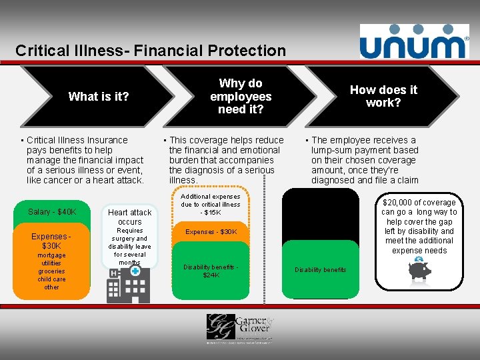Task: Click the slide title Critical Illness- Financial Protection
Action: click(151, 50)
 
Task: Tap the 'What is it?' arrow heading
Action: click(99, 97)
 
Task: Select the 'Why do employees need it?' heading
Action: click(241, 96)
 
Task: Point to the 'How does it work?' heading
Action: click(383, 96)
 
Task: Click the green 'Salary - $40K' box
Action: click(53, 212)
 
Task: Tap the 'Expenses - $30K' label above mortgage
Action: click(52, 241)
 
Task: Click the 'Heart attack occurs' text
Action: click(130, 217)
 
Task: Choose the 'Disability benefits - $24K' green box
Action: click(211, 271)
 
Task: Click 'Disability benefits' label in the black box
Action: click(321, 270)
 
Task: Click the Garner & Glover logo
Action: click(239, 327)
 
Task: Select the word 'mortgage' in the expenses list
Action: click(51, 255)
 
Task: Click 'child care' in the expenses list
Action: click(51, 279)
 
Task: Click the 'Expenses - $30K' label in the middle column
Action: click(211, 231)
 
